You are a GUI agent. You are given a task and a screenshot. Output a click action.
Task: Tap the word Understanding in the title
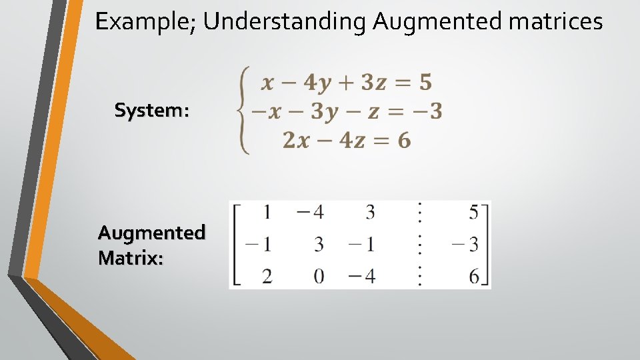click(284, 22)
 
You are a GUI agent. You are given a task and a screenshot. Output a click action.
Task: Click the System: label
click(152, 110)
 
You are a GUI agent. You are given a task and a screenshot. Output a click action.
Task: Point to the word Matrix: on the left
click(131, 257)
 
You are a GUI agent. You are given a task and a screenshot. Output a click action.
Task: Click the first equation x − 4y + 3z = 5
click(346, 83)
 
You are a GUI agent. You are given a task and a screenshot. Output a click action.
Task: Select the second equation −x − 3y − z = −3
click(346, 111)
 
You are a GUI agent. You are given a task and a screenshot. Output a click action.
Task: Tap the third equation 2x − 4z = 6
click(346, 140)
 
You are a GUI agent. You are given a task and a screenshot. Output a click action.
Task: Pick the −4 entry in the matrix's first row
click(310, 213)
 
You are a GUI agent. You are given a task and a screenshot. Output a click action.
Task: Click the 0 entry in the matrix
click(319, 276)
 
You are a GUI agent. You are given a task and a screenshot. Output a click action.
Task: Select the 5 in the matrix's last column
click(474, 213)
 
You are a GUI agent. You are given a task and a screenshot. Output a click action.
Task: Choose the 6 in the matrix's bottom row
click(474, 276)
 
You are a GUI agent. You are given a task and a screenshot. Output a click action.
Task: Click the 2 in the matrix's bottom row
click(267, 276)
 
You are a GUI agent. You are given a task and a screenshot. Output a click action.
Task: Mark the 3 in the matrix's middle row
click(319, 245)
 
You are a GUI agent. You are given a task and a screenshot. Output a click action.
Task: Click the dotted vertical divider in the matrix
click(419, 244)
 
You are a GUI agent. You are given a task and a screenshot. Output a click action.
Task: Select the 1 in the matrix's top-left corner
click(267, 213)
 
